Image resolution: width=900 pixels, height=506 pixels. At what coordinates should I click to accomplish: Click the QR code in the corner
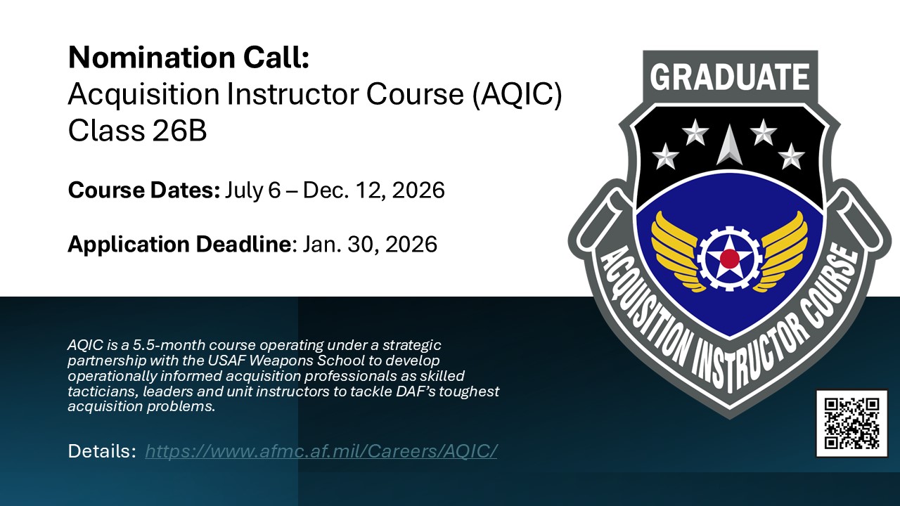[851, 423]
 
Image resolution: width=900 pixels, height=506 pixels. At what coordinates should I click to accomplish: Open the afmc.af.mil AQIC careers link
[321, 451]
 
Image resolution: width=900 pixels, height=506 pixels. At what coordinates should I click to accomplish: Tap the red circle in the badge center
[729, 259]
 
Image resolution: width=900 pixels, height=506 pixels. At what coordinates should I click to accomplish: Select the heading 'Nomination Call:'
[188, 58]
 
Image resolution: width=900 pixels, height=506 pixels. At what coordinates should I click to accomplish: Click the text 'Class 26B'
[137, 131]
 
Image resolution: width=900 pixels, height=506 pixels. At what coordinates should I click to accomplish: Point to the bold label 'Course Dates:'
[143, 190]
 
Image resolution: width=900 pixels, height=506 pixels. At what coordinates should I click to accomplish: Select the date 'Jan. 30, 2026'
[370, 244]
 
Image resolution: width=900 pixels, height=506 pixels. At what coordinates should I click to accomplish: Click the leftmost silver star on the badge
[665, 156]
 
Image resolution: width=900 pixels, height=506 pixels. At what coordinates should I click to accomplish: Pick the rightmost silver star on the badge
[792, 156]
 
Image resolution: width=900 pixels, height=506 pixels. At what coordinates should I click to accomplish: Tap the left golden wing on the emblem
[676, 249]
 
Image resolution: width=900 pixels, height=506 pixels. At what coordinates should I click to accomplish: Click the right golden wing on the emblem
[782, 249]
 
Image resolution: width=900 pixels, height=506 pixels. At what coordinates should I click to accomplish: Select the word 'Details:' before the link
[101, 451]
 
